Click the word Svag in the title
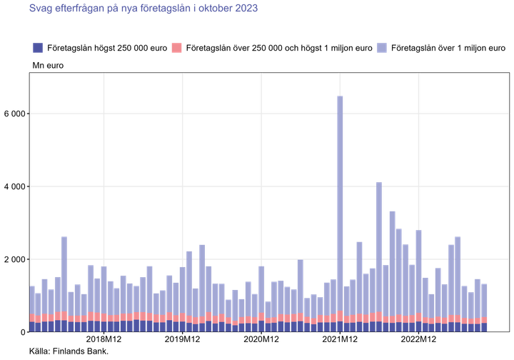pos(38,9)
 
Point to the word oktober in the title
pos(212,9)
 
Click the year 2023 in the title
pos(246,9)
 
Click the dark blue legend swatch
pos(38,48)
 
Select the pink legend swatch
pos(177,48)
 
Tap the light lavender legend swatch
pos(382,48)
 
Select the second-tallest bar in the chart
pos(379,250)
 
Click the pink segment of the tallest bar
pos(341,316)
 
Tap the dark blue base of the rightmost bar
pos(485,327)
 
